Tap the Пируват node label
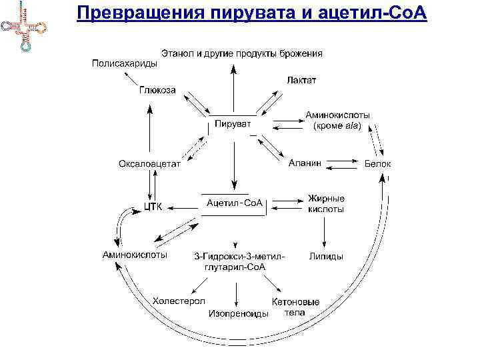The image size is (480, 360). tap(233, 123)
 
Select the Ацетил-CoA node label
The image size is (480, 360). tap(235, 202)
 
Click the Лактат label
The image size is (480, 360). tap(301, 80)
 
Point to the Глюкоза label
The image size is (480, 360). tap(157, 91)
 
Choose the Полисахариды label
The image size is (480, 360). tap(124, 64)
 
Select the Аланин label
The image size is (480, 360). tap(305, 162)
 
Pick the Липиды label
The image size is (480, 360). tap(326, 255)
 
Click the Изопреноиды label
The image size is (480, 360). tap(239, 313)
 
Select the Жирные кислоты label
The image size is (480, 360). tap(326, 203)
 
